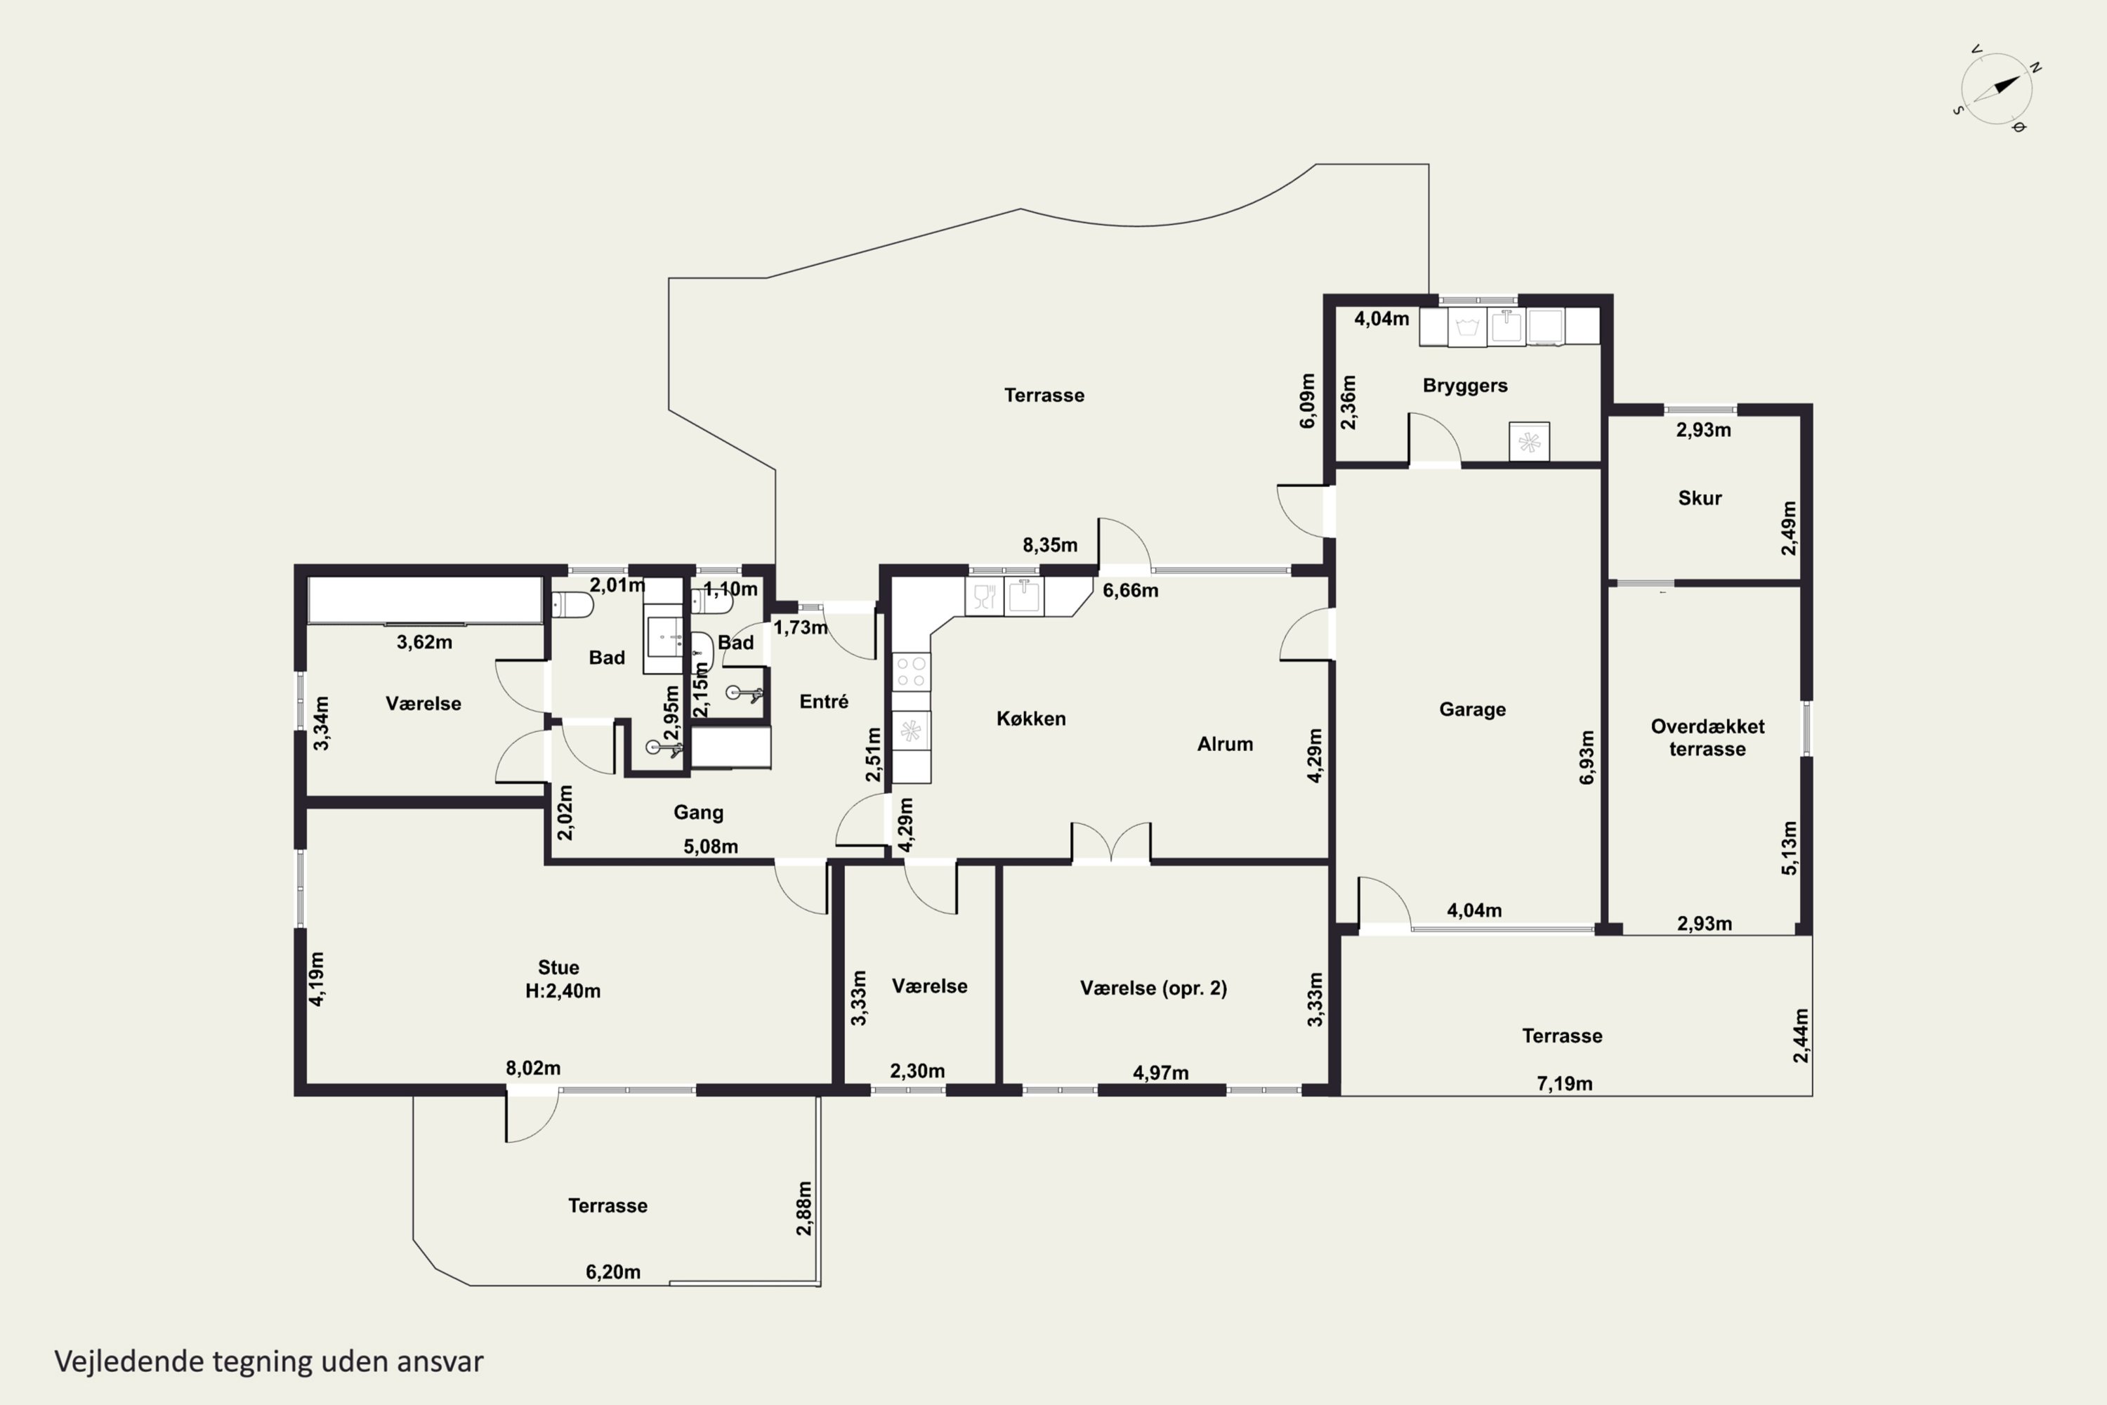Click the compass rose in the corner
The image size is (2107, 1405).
click(x=1996, y=89)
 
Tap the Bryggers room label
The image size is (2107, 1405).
click(x=1464, y=385)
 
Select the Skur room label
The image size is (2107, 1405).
click(x=1700, y=498)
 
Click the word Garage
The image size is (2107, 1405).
click(x=1472, y=710)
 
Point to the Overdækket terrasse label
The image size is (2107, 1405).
click(x=1707, y=738)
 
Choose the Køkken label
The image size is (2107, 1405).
click(x=1031, y=719)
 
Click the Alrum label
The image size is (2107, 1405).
click(x=1225, y=744)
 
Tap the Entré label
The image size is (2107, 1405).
click(x=823, y=702)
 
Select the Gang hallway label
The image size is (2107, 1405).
click(x=698, y=813)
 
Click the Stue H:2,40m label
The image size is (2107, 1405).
click(x=562, y=979)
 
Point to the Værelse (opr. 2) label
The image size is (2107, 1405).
click(x=1153, y=988)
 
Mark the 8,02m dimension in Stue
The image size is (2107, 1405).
click(x=533, y=1068)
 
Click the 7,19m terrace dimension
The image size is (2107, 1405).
click(x=1564, y=1083)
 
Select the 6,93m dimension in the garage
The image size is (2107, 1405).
click(x=1587, y=757)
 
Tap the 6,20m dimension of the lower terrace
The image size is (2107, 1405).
click(x=612, y=1272)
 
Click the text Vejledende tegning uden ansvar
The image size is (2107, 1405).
click(x=269, y=1361)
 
